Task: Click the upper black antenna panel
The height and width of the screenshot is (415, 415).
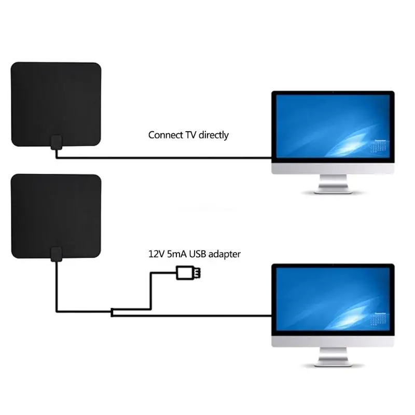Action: [56, 104]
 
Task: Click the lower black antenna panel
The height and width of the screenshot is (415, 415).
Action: [56, 216]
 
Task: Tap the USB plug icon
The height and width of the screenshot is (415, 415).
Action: [189, 272]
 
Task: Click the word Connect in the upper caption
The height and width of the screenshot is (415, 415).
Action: [165, 135]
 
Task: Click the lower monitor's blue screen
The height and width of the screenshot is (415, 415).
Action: [333, 300]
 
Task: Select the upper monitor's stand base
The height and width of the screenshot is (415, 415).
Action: [333, 190]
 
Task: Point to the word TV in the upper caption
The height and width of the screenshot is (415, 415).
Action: [189, 135]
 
